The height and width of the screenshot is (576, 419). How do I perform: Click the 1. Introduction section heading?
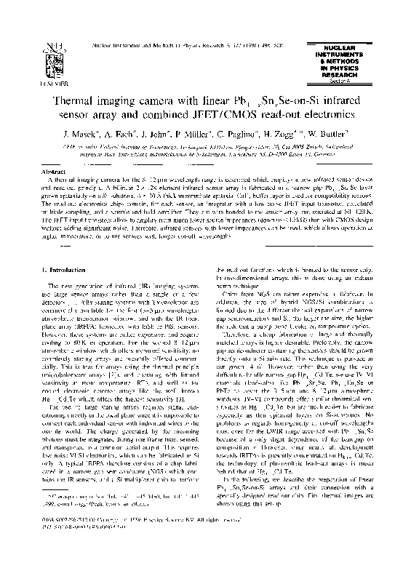click(71, 271)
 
